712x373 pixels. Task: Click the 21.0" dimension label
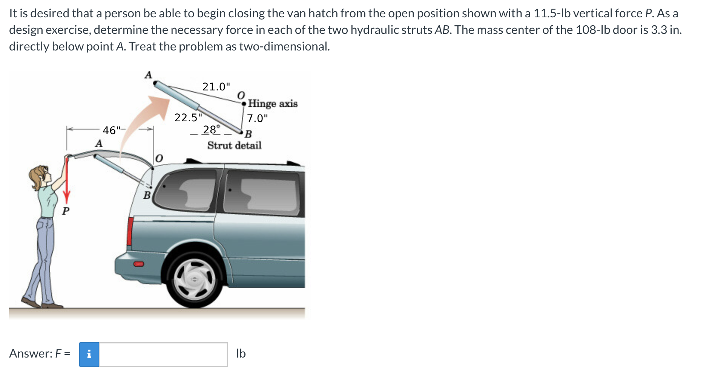(x=216, y=87)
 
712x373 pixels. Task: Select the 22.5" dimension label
(x=188, y=118)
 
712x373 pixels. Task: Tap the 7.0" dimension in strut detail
(x=257, y=118)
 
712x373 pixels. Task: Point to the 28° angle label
(x=210, y=130)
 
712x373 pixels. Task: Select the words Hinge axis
(x=273, y=104)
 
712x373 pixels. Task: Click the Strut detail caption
(x=234, y=145)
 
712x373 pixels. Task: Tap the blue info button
(x=89, y=354)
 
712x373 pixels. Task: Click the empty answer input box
(x=163, y=354)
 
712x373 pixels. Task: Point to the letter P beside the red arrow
(x=66, y=211)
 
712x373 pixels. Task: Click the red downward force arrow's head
(x=67, y=197)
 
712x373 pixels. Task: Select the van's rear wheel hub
(x=195, y=279)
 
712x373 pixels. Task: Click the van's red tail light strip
(x=130, y=231)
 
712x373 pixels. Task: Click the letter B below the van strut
(x=147, y=196)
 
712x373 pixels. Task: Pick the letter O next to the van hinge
(x=159, y=159)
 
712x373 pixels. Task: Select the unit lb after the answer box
(x=241, y=353)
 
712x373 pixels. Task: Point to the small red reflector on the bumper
(x=138, y=264)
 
